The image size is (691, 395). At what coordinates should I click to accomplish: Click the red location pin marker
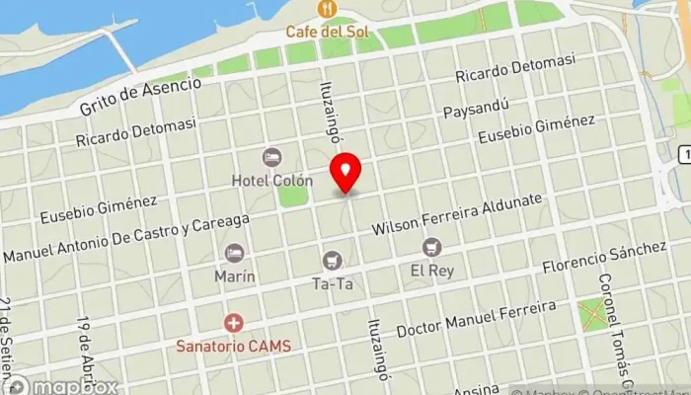pyautogui.click(x=345, y=172)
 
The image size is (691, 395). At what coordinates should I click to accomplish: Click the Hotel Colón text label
pyautogui.click(x=271, y=181)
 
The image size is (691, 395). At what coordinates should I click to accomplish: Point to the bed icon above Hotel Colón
pyautogui.click(x=271, y=157)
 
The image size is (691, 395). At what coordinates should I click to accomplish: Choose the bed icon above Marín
pyautogui.click(x=235, y=253)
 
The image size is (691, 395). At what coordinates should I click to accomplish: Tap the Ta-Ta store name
pyautogui.click(x=333, y=284)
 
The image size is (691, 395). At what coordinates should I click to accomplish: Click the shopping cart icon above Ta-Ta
pyautogui.click(x=332, y=261)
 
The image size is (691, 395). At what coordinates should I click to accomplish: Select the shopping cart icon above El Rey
pyautogui.click(x=430, y=246)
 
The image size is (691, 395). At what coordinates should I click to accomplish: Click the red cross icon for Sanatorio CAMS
pyautogui.click(x=233, y=322)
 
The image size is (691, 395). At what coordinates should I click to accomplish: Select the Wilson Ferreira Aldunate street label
pyautogui.click(x=457, y=214)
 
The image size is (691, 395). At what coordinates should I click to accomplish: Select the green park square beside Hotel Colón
pyautogui.click(x=292, y=194)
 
